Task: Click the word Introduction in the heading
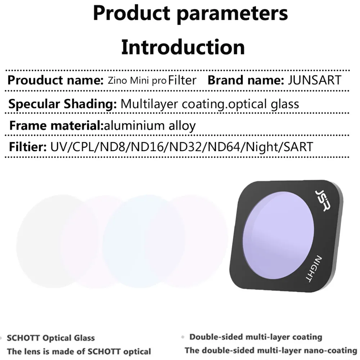pos(183,47)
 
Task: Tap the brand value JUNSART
pos(314,80)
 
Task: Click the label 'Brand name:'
pos(246,80)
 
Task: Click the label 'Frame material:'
pos(56,126)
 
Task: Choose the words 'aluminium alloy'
pos(150,126)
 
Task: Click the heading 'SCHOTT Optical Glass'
pos(51,338)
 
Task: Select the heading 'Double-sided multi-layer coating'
pos(256,337)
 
